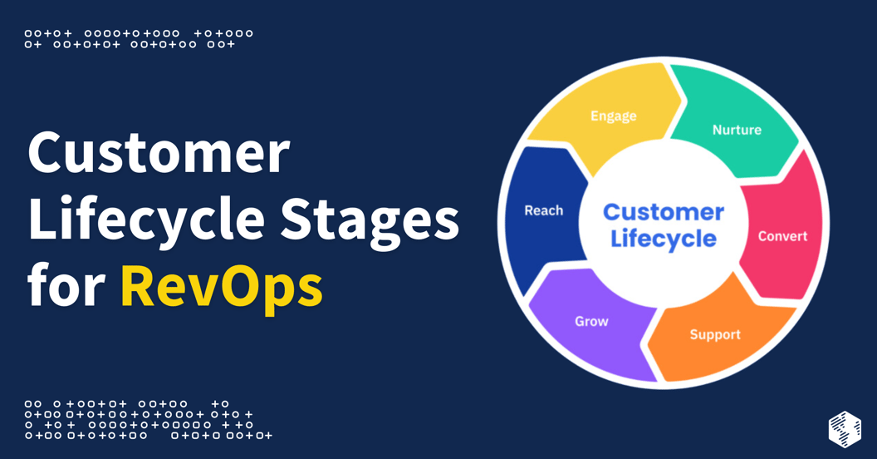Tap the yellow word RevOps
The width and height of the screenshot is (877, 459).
tap(221, 287)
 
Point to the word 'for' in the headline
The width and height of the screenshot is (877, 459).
tap(66, 287)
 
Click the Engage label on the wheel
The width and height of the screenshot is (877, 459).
tap(613, 116)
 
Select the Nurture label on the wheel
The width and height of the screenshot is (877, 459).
tap(737, 130)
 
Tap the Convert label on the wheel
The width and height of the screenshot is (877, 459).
tap(782, 236)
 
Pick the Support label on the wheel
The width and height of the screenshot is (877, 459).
tap(715, 334)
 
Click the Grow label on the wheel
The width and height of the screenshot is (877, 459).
tap(591, 321)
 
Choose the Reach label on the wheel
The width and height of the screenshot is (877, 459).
tap(544, 210)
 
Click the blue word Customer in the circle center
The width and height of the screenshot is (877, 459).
tap(664, 212)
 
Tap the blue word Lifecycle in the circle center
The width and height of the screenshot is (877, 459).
tap(664, 239)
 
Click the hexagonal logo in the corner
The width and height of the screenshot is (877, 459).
tap(845, 428)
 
